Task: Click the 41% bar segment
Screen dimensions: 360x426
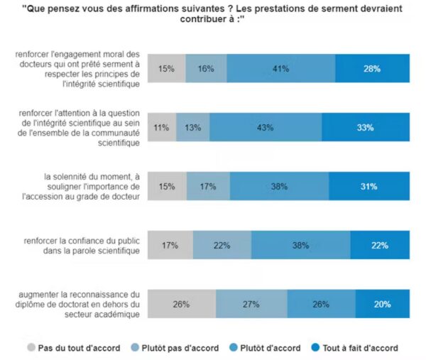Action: tap(282, 69)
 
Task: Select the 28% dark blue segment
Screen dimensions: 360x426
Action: tap(372, 69)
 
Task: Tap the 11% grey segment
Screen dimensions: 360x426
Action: tap(161, 128)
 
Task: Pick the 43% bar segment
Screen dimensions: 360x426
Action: tap(248, 128)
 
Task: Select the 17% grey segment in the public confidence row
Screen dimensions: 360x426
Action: tap(170, 246)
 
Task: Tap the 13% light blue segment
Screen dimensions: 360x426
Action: tap(192, 128)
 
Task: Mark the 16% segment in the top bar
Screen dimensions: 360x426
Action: tap(207, 69)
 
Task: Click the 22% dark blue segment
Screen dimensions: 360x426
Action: tap(378, 246)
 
